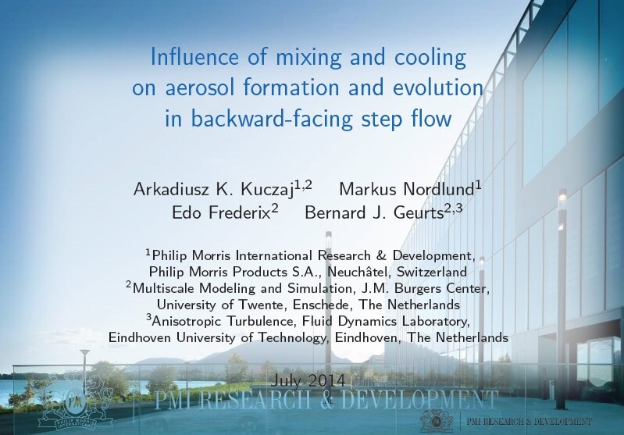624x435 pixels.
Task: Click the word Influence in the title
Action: tap(194, 56)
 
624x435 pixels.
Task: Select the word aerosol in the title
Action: tap(201, 87)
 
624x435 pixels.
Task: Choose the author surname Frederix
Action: tap(240, 213)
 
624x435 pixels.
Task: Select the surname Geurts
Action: tap(419, 213)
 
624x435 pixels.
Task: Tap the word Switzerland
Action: tap(432, 272)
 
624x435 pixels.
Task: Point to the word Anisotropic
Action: tap(188, 321)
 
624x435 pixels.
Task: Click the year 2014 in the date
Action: tap(326, 381)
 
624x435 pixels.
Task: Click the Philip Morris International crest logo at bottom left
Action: tap(75, 401)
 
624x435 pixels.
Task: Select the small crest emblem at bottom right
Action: tap(437, 420)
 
